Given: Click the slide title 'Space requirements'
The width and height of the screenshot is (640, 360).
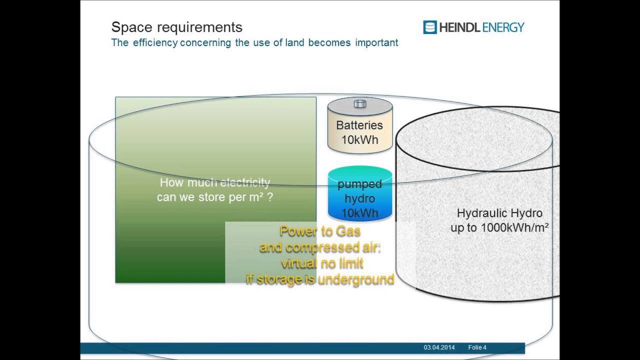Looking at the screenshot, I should pyautogui.click(x=176, y=27).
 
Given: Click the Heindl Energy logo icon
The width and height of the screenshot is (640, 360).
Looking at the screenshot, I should pyautogui.click(x=429, y=27).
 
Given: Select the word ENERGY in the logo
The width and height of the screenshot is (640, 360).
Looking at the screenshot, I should pyautogui.click(x=502, y=27).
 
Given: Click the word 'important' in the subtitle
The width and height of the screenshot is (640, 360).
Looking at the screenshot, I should pyautogui.click(x=376, y=43).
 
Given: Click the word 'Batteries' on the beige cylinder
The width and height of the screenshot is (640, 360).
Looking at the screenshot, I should pyautogui.click(x=359, y=125).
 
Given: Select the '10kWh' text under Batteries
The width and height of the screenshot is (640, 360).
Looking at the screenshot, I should pyautogui.click(x=359, y=140).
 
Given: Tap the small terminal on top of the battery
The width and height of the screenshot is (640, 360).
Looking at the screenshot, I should pyautogui.click(x=359, y=104).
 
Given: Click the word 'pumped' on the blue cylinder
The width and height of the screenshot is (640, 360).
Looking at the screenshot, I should pyautogui.click(x=359, y=184).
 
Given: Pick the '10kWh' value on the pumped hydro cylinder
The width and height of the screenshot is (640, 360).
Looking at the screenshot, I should pyautogui.click(x=359, y=213).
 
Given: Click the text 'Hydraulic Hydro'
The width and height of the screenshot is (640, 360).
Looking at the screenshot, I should pyautogui.click(x=499, y=213).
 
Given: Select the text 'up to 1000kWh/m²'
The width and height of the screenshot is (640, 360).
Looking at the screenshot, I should pyautogui.click(x=499, y=228).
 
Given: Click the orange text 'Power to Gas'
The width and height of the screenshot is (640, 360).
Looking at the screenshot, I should pyautogui.click(x=320, y=231).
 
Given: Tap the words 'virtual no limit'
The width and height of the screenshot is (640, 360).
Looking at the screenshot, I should pyautogui.click(x=321, y=263).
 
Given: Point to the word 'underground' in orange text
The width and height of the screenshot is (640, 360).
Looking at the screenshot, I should pyautogui.click(x=355, y=279).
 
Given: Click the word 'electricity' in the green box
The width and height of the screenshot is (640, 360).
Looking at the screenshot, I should pyautogui.click(x=245, y=182).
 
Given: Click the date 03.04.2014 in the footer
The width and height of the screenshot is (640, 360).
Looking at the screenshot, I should pyautogui.click(x=439, y=347).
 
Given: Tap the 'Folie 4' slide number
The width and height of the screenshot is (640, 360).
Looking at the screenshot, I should pyautogui.click(x=477, y=347).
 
